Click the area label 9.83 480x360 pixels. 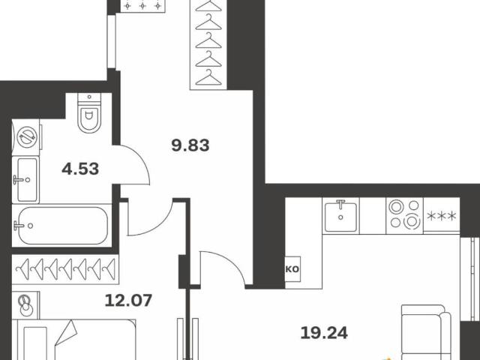click(190, 145)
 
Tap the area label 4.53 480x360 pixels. click(80, 169)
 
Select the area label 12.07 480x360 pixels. click(128, 300)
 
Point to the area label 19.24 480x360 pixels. click(324, 333)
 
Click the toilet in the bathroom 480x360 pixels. click(89, 112)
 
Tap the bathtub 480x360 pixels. click(63, 226)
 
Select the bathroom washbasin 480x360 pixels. click(26, 180)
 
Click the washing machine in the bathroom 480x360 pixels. click(27, 136)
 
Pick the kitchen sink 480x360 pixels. click(340, 216)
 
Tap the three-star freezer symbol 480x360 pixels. click(442, 216)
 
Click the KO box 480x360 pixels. click(292, 269)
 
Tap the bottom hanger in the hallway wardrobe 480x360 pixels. click(208, 78)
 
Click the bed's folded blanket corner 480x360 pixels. click(66, 333)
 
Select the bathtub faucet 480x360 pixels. click(19, 226)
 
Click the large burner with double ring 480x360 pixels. click(410, 221)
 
